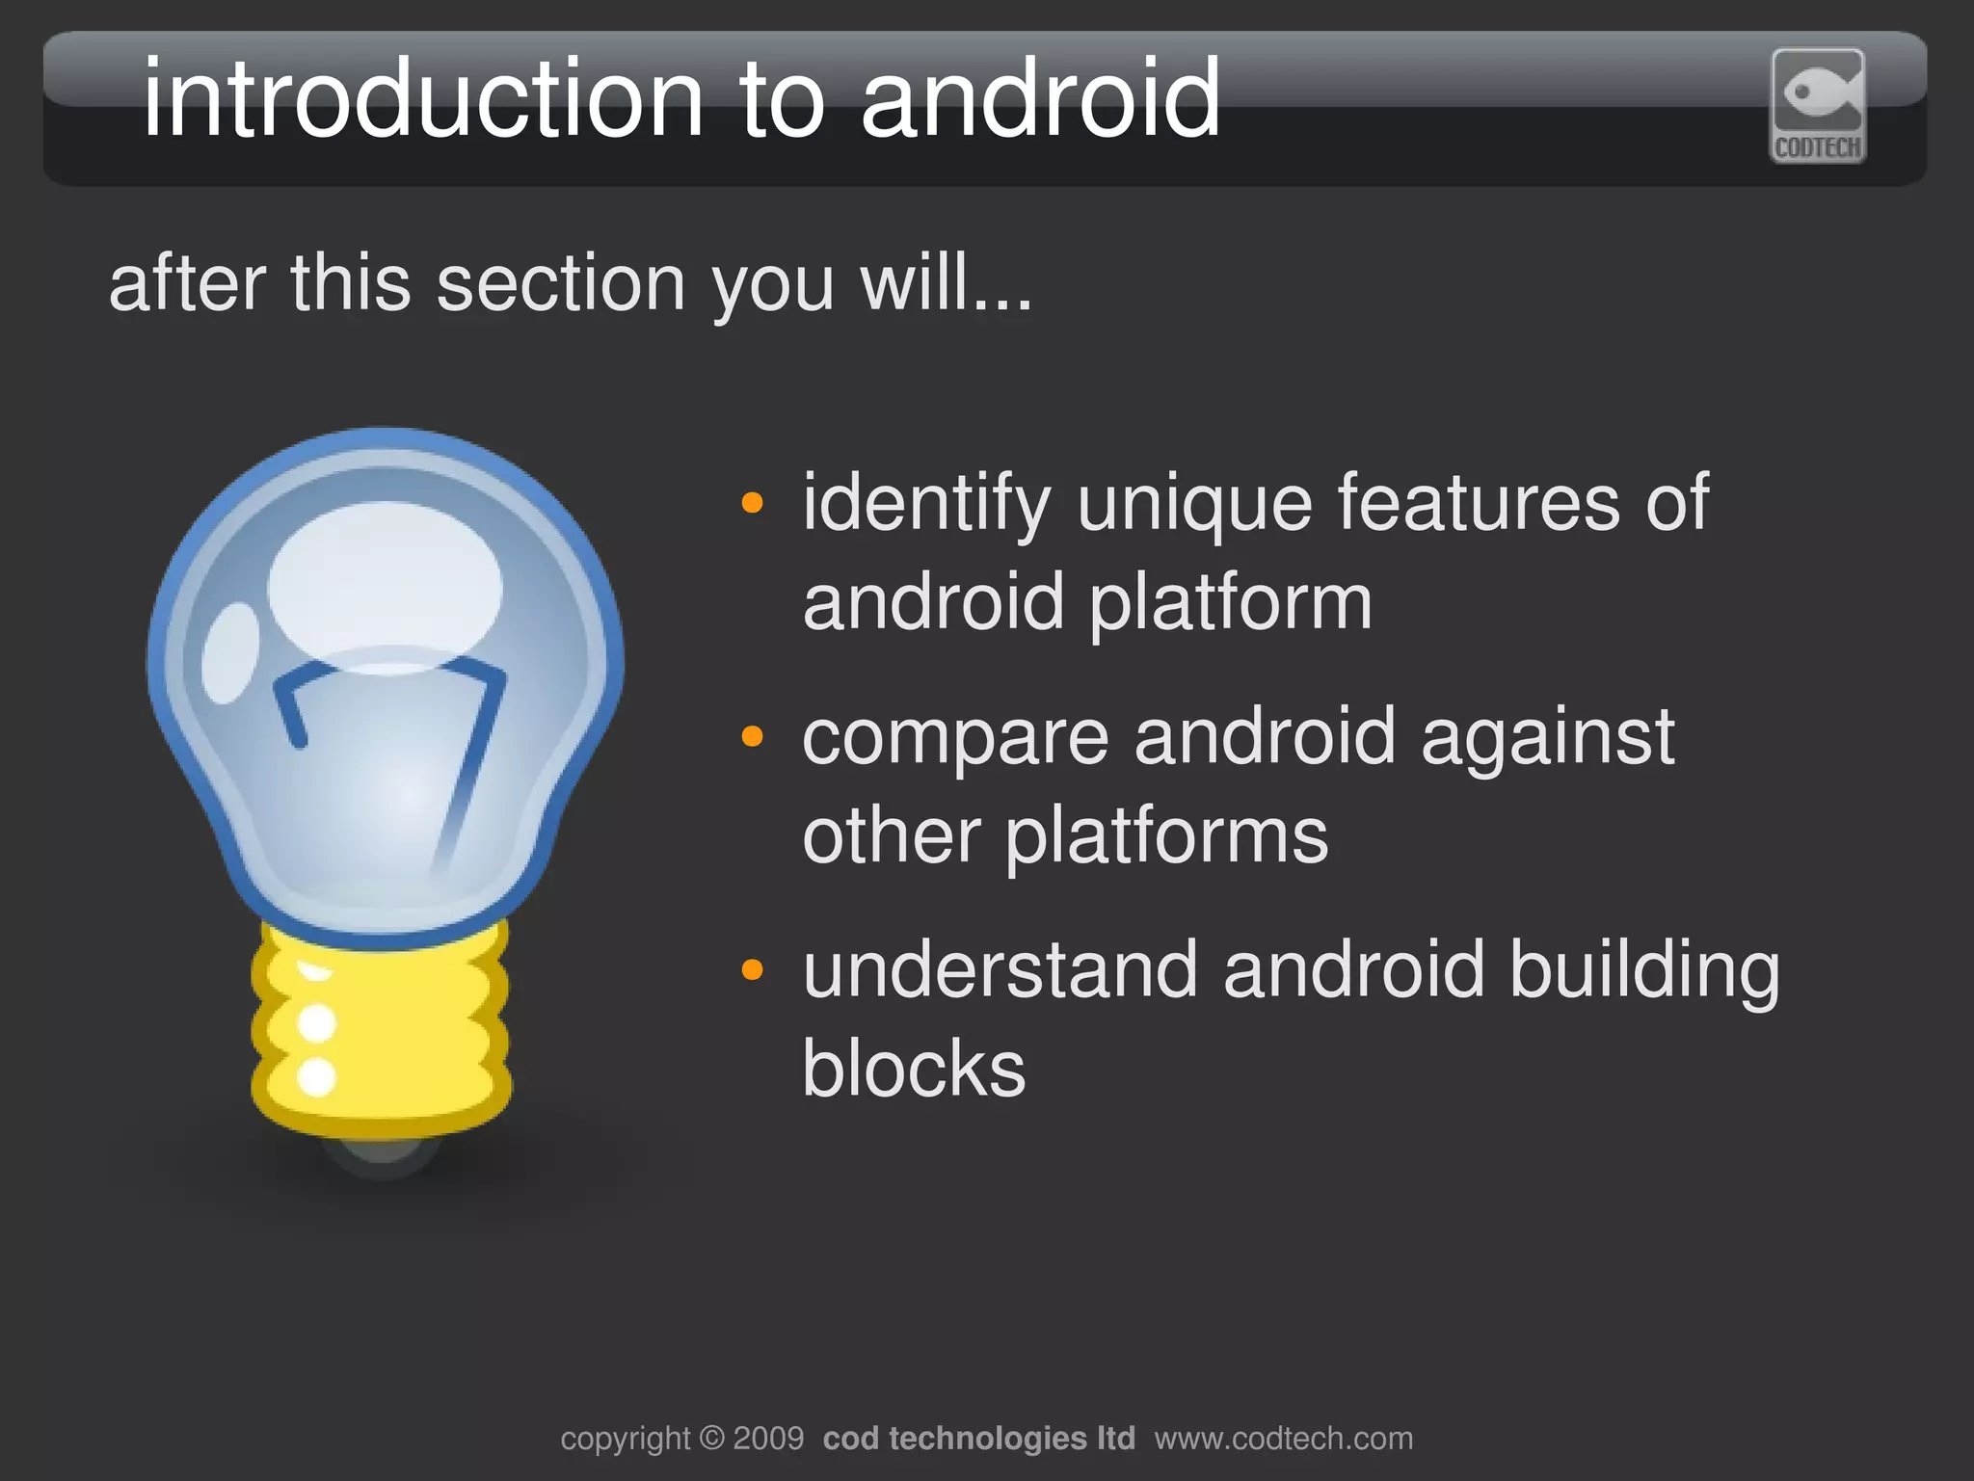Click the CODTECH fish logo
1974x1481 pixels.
1818,105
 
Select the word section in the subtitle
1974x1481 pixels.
560,284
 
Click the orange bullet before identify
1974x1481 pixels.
752,503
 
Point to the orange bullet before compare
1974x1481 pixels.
752,737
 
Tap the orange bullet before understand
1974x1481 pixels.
752,969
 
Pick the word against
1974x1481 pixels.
1548,738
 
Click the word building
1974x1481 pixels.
1644,971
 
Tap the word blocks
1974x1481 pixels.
914,1069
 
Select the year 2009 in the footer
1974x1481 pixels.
768,1439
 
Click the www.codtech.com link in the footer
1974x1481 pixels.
1284,1439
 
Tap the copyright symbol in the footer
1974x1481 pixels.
711,1439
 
